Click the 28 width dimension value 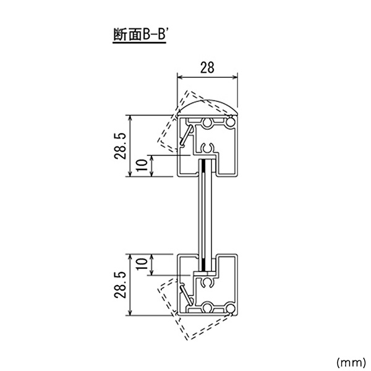click(x=207, y=67)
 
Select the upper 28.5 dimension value click(x=120, y=146)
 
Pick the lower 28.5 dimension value click(x=120, y=284)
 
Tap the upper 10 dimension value click(x=142, y=164)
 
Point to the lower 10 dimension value click(x=142, y=264)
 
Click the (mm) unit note click(x=351, y=362)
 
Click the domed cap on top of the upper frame click(x=207, y=107)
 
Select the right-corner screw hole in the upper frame click(x=230, y=122)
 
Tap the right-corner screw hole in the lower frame click(x=230, y=309)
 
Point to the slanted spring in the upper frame click(x=186, y=135)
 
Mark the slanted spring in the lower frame click(x=186, y=296)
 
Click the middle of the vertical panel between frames click(x=205, y=215)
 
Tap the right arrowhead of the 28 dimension click(x=235, y=77)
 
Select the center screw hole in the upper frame click(x=208, y=122)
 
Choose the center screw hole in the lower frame click(x=208, y=308)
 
